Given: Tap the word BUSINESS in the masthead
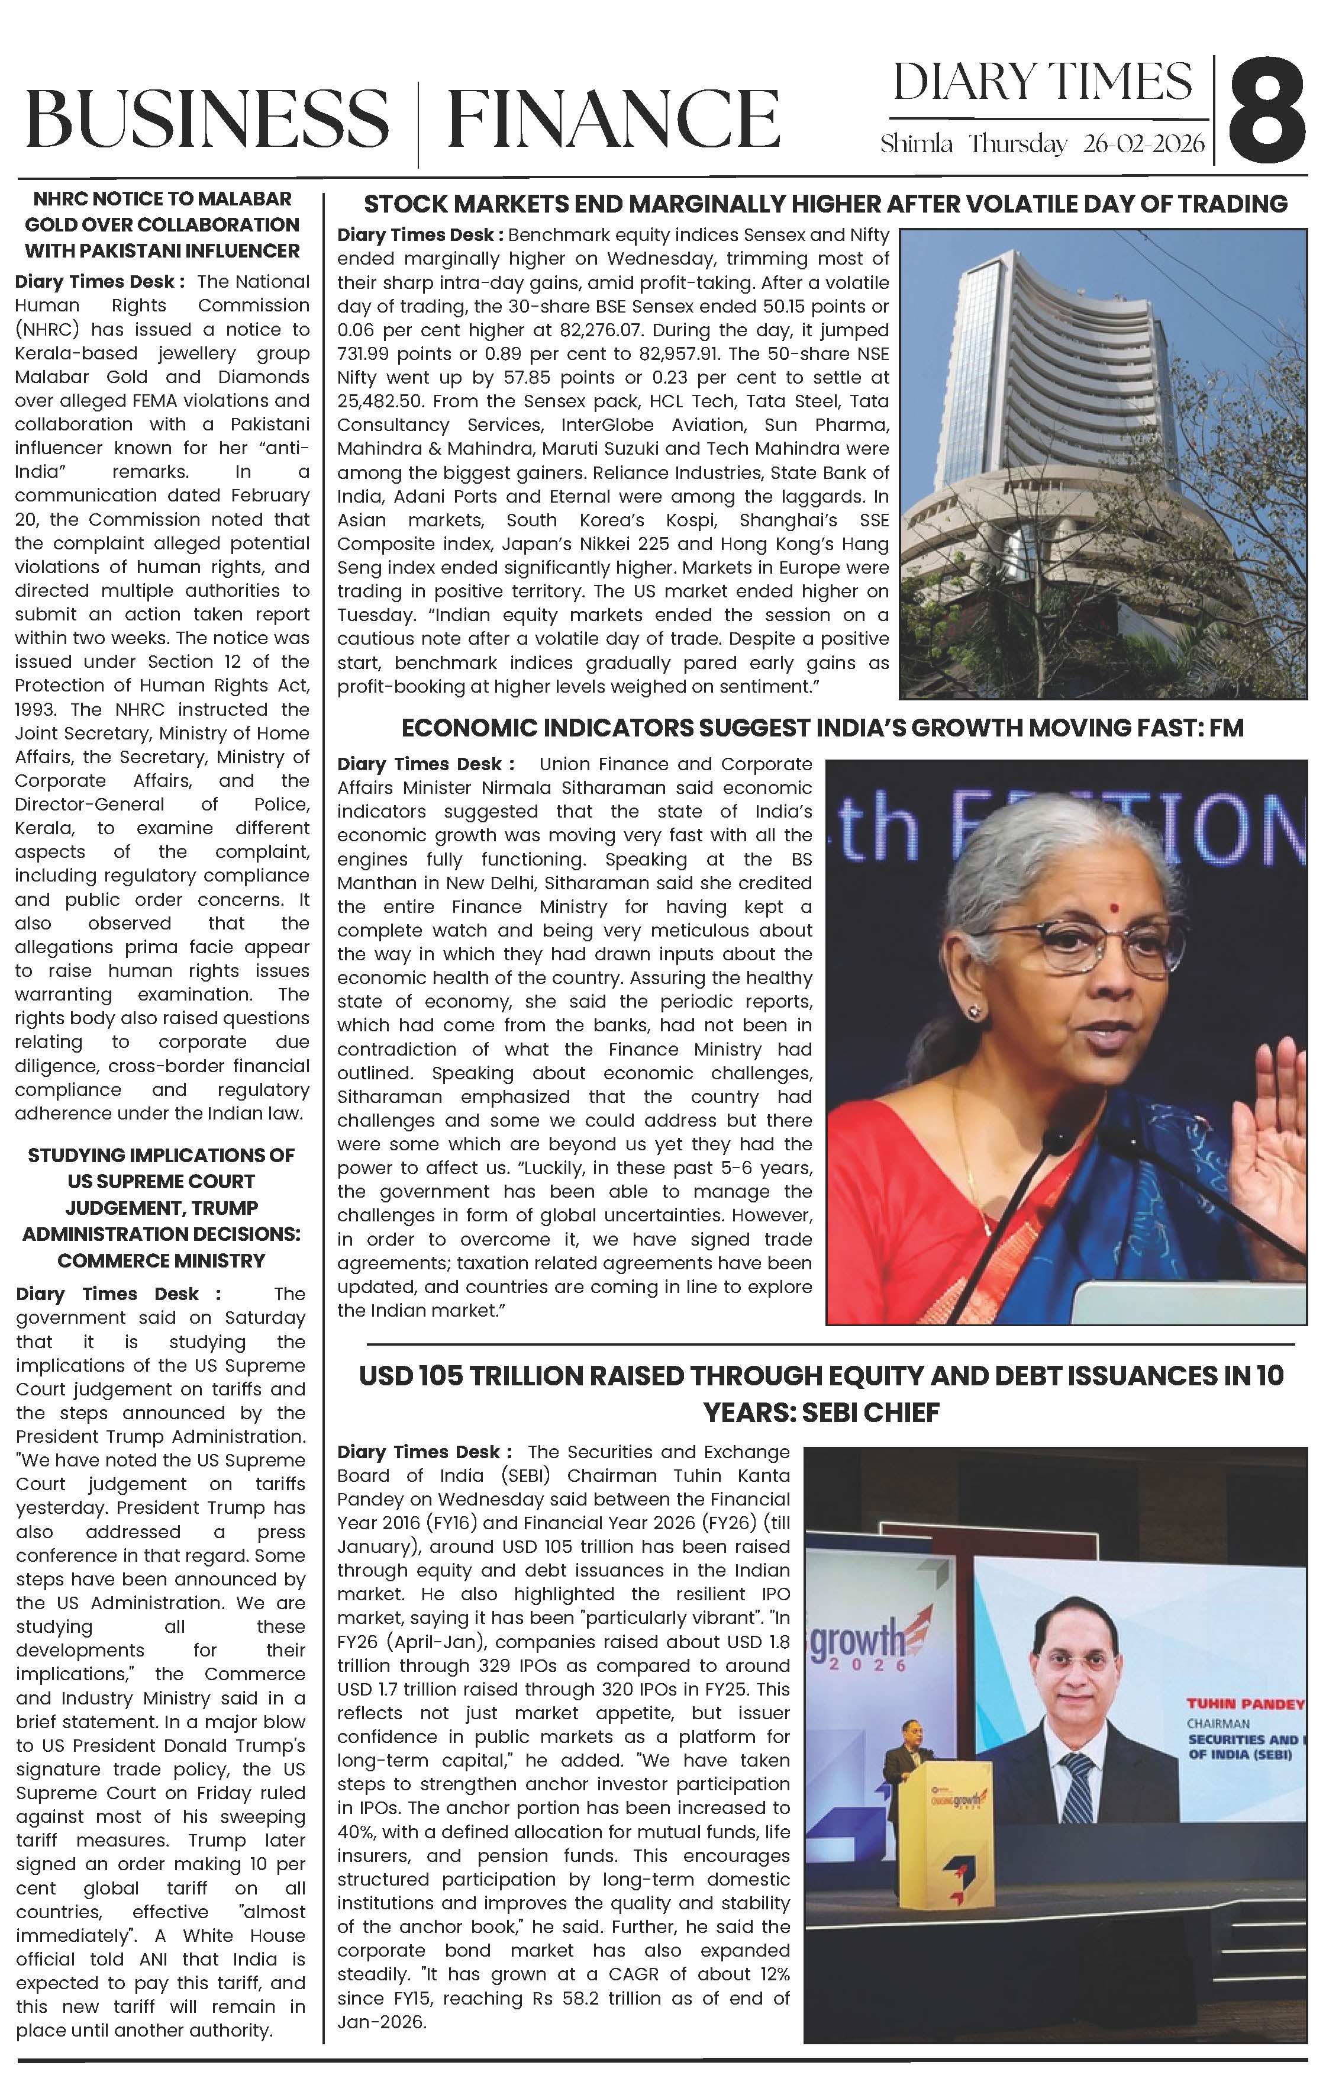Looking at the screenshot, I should pyautogui.click(x=207, y=118).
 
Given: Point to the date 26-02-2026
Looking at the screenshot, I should pyautogui.click(x=1143, y=144).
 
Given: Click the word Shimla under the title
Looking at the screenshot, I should pyautogui.click(x=915, y=144).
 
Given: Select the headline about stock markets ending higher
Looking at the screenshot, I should pyautogui.click(x=825, y=204).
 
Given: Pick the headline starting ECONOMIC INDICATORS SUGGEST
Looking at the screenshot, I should pyautogui.click(x=822, y=728).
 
